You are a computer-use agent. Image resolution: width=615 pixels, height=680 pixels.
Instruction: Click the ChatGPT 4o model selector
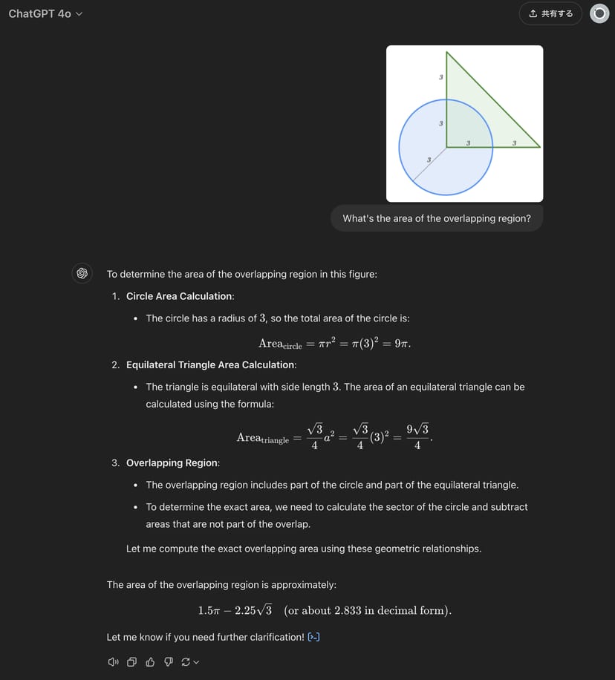pos(45,13)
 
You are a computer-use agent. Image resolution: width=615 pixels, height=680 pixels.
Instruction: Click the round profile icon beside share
pos(599,13)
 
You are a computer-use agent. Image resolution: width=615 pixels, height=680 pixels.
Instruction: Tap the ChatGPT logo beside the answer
pos(82,273)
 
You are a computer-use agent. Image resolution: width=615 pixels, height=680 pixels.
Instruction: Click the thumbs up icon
pos(150,661)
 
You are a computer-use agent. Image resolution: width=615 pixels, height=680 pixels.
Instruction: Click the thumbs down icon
pos(168,661)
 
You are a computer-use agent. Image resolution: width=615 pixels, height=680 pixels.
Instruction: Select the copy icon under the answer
pos(131,661)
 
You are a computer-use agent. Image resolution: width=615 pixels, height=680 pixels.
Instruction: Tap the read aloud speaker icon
pos(113,661)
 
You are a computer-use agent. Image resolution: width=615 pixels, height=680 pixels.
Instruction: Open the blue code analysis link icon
pos(313,637)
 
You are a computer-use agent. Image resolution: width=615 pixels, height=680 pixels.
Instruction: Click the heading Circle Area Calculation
pos(180,296)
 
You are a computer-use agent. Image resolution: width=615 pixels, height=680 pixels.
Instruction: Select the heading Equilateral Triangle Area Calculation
pos(211,364)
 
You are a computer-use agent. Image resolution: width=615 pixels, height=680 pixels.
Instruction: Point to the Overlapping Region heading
pos(172,462)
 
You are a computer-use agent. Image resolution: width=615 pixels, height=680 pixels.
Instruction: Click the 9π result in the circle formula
pos(403,343)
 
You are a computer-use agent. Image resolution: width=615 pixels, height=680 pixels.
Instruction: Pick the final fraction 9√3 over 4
pos(417,437)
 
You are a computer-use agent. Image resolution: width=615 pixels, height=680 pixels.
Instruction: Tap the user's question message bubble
pos(437,218)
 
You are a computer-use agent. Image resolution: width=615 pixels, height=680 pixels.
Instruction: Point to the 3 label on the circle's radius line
pos(429,160)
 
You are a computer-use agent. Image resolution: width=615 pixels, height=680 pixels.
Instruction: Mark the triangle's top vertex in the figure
pos(446,52)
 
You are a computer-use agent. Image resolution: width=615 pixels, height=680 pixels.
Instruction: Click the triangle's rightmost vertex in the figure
pos(539,147)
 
